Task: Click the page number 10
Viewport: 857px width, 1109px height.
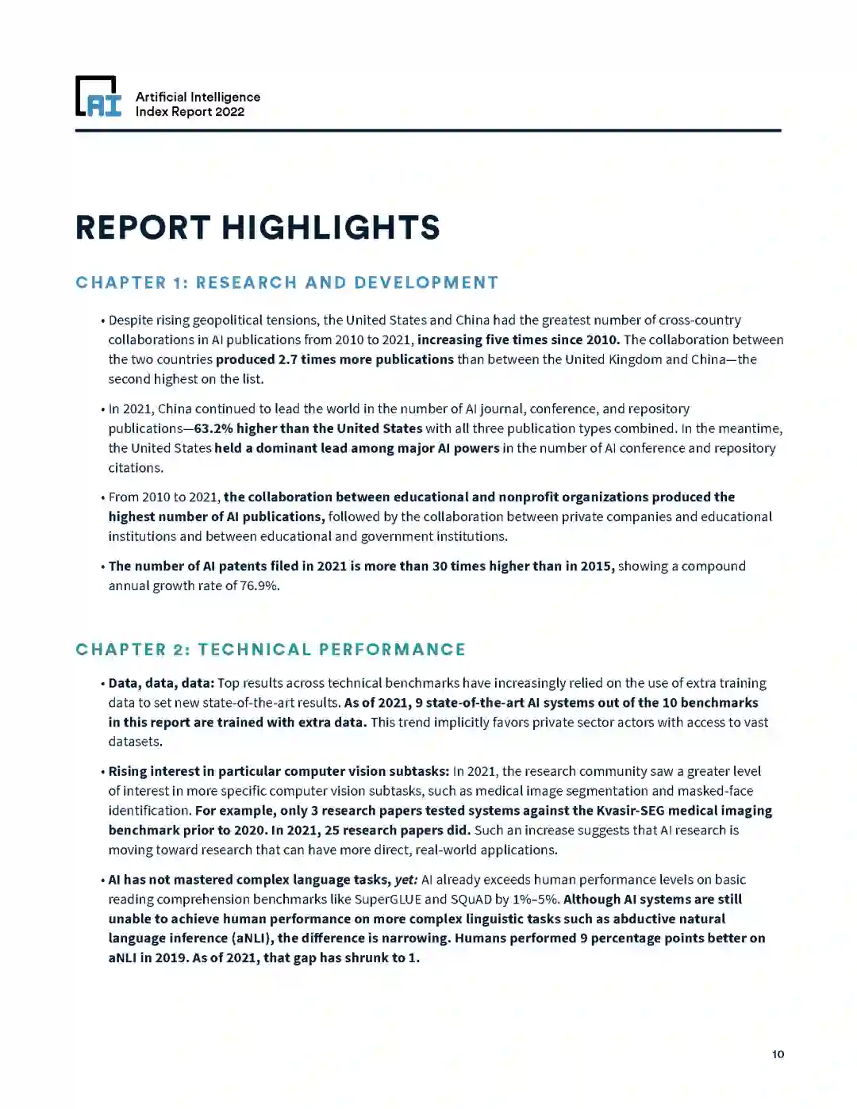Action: pos(778,1054)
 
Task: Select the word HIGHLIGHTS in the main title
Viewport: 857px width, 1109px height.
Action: pos(330,228)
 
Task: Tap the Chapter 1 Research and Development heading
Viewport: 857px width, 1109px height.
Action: pos(286,282)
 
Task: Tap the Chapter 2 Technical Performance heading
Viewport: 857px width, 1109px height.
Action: pos(270,650)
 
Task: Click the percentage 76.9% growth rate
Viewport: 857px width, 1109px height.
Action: pos(259,586)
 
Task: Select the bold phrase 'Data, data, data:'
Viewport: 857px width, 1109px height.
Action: pos(161,683)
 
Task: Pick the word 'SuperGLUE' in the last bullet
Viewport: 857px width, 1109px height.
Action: pos(387,900)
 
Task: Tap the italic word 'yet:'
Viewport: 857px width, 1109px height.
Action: pos(406,880)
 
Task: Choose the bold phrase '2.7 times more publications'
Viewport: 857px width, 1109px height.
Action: pos(335,359)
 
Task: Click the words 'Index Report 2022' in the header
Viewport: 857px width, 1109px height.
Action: pos(190,112)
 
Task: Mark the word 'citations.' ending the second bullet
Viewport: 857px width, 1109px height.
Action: pos(136,468)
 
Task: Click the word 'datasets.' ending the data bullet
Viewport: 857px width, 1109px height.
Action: pos(136,742)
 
